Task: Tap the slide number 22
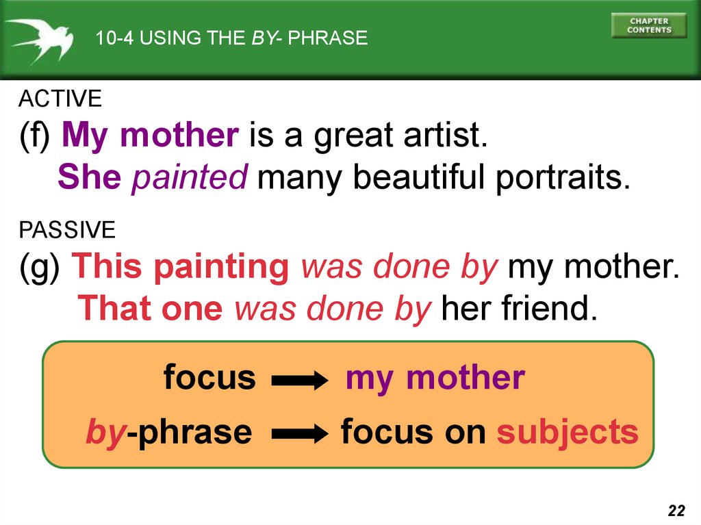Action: tap(676, 510)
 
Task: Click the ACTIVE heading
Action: tap(60, 99)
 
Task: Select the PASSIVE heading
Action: tap(67, 230)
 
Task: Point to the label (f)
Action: tap(34, 136)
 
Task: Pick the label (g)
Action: tap(39, 268)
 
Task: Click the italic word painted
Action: tap(190, 177)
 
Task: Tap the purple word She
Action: tap(90, 177)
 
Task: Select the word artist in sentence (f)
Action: tap(445, 135)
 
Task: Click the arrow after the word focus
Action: tap(300, 381)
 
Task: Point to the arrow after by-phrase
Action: tap(300, 434)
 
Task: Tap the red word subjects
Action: tap(568, 433)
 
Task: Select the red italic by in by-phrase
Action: tap(106, 433)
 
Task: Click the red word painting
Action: tap(221, 268)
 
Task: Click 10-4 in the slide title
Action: tap(114, 38)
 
